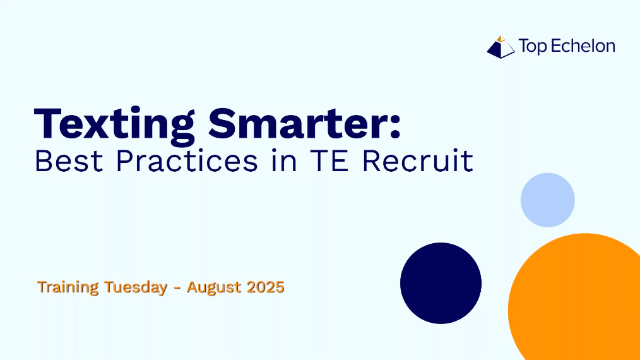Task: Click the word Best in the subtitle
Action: tap(69, 160)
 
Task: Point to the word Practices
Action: tap(187, 160)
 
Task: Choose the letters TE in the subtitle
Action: tap(329, 160)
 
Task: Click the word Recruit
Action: tap(418, 160)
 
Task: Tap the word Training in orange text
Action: tap(68, 287)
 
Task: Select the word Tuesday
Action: tap(136, 287)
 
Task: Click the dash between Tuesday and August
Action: tap(177, 288)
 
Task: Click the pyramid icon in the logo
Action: tap(501, 47)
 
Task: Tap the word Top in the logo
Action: tap(532, 47)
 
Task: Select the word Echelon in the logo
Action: tap(583, 45)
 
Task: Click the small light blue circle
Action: tap(548, 200)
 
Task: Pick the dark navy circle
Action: tap(441, 283)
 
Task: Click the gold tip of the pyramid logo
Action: tap(501, 39)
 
